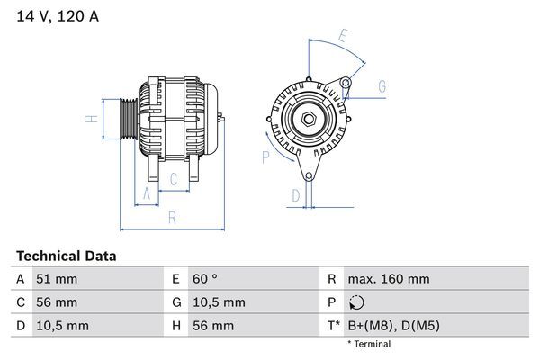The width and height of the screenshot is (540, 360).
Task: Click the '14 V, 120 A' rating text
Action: (x=56, y=16)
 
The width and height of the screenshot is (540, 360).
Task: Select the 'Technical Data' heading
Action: (x=66, y=256)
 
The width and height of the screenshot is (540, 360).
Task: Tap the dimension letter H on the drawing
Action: (x=91, y=120)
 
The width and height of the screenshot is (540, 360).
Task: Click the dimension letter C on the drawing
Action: (x=174, y=179)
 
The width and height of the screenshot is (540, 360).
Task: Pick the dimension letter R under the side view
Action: (x=171, y=217)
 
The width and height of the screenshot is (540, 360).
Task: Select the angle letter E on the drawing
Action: (x=343, y=37)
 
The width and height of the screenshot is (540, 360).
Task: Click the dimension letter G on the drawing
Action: (x=382, y=87)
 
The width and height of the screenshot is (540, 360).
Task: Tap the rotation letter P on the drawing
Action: (x=265, y=157)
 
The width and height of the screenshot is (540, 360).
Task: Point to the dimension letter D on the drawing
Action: (x=295, y=195)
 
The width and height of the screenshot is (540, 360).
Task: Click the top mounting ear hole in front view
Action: (x=346, y=84)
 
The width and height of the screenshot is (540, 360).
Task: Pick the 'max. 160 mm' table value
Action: (x=388, y=280)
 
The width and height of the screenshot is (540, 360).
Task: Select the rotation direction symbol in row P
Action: (x=355, y=302)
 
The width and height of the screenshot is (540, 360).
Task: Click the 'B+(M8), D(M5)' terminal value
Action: (x=393, y=325)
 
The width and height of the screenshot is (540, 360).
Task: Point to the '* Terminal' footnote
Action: (x=369, y=344)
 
